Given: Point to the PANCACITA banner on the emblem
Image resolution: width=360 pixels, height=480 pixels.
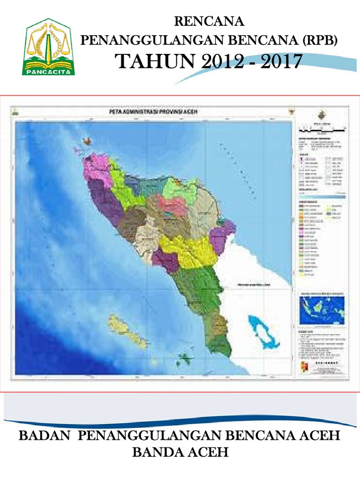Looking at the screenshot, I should click(49, 72).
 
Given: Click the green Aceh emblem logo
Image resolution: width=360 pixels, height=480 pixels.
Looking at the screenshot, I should click(49, 47).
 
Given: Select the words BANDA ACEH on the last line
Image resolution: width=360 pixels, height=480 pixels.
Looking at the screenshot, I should click(180, 452).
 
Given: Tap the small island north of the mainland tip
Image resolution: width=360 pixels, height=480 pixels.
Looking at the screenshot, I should click(86, 140).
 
